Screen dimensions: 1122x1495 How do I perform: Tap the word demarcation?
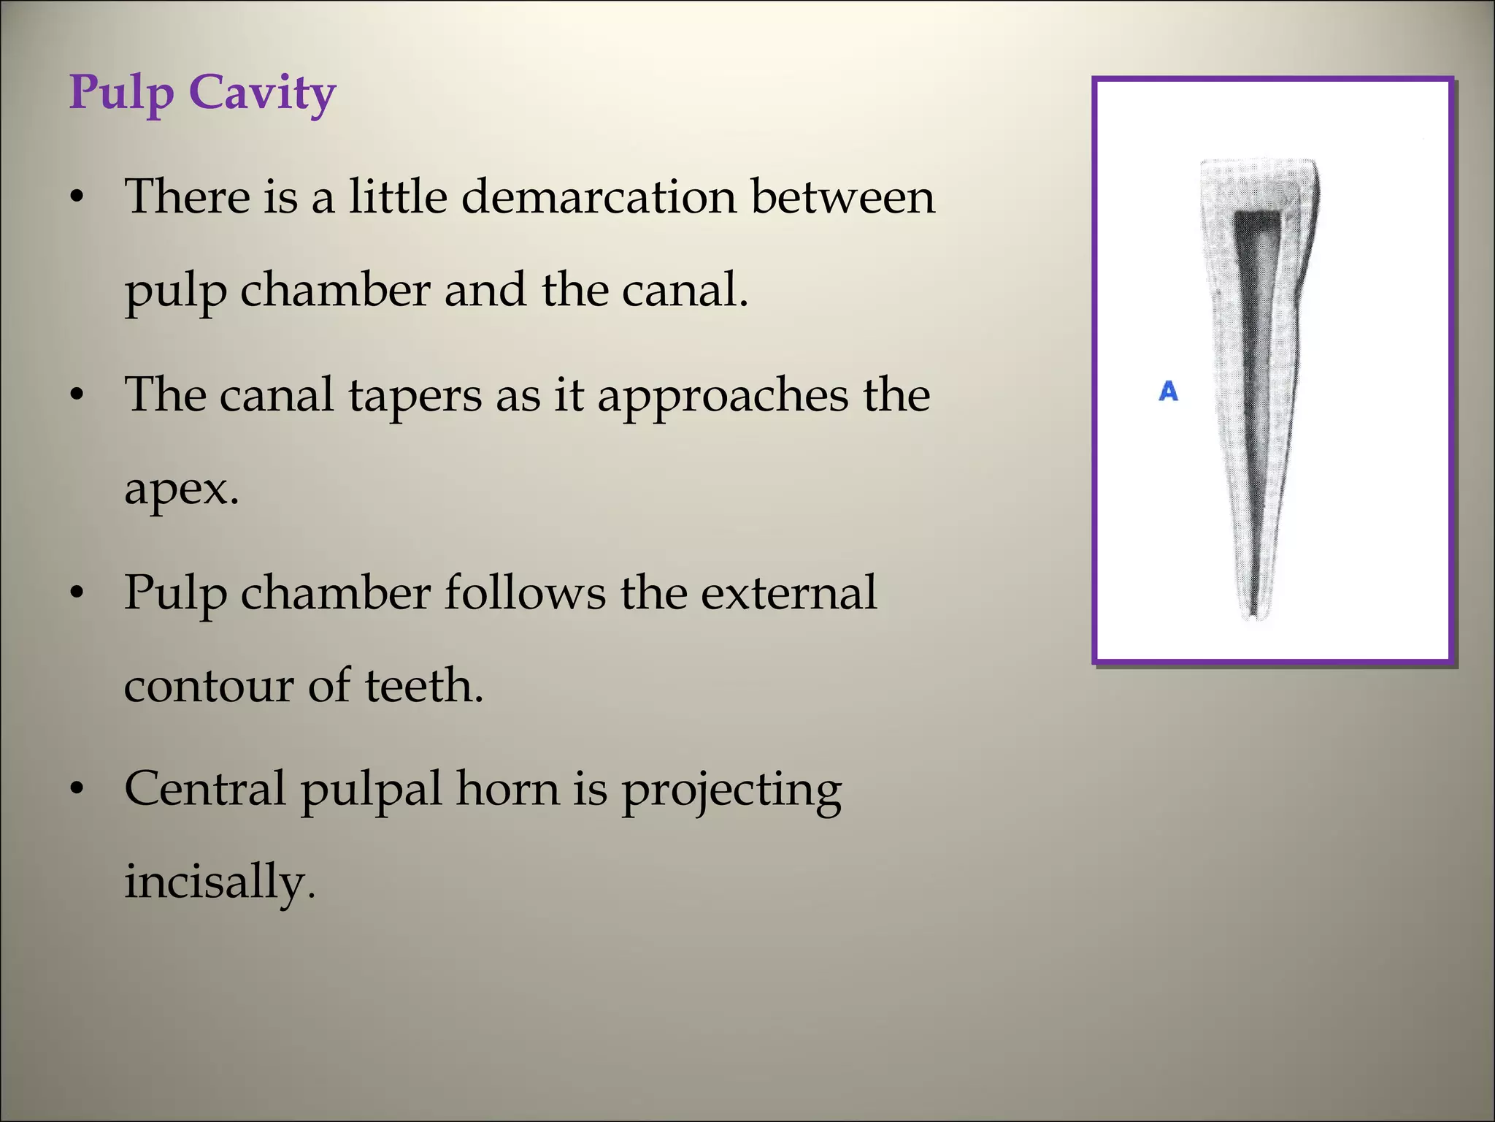pos(599,197)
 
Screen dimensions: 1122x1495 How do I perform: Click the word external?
pos(788,592)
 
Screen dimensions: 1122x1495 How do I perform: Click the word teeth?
pos(423,687)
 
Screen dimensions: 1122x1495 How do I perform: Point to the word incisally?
pos(219,882)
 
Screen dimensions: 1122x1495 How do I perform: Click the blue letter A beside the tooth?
pos(1168,392)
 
